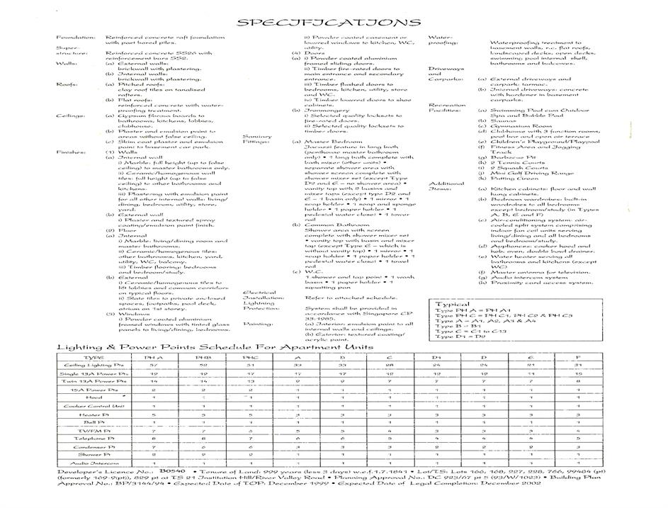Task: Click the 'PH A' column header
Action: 153,359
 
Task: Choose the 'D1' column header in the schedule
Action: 437,359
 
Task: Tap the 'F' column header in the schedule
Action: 579,359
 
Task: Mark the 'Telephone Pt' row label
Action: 93,439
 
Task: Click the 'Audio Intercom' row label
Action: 93,463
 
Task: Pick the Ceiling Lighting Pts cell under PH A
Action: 153,366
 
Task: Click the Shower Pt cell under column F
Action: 579,454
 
